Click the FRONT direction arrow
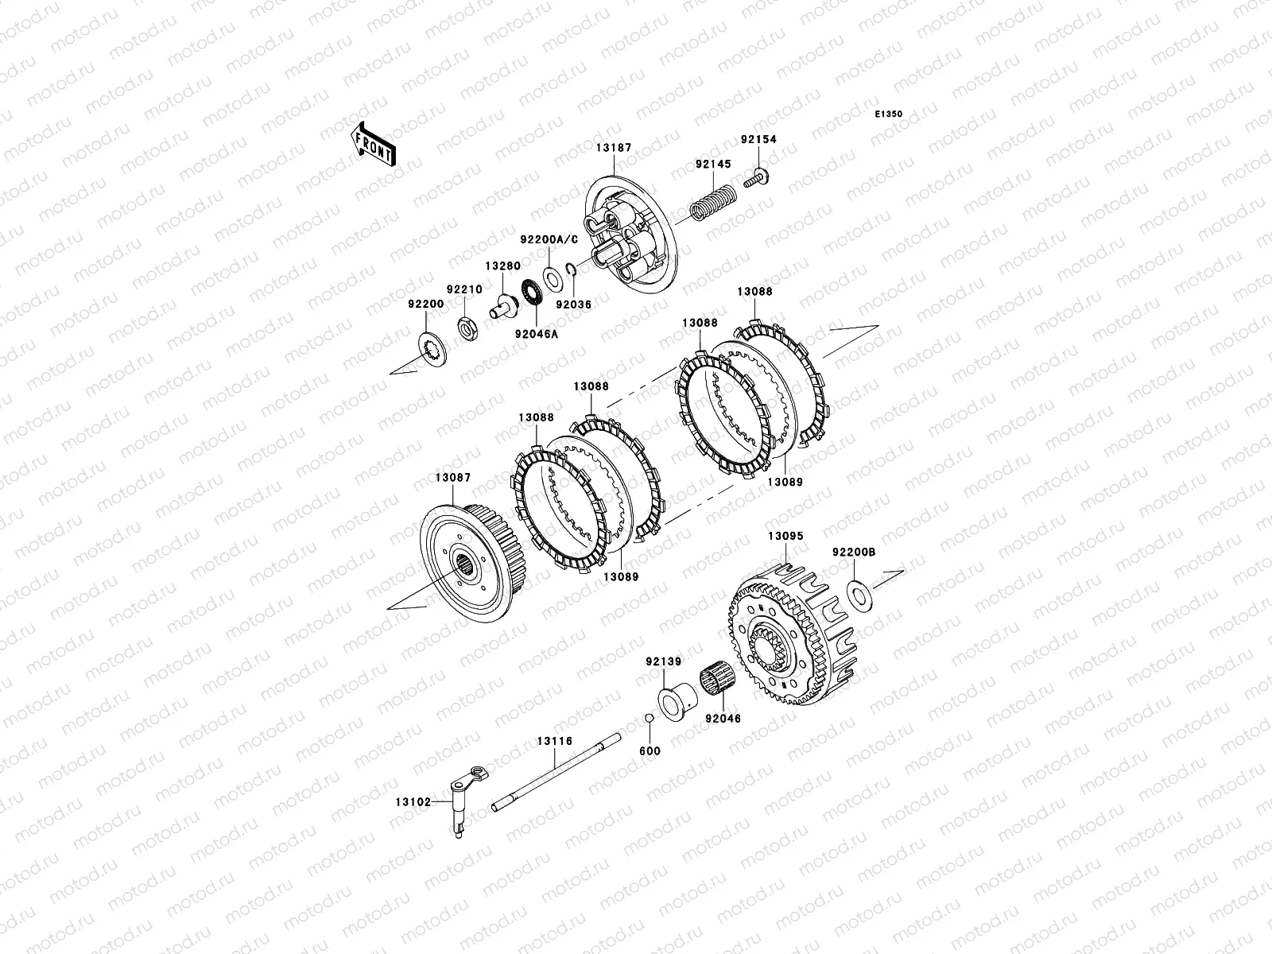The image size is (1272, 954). tap(373, 145)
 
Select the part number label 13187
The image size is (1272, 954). tap(614, 148)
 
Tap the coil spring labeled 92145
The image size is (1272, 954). tap(713, 203)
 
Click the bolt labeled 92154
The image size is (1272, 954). tap(756, 177)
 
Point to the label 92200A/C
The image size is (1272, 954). tap(549, 240)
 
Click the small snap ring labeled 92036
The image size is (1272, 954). tap(571, 267)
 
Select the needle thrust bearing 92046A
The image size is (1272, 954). tap(532, 293)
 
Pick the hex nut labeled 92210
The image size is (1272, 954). tap(467, 329)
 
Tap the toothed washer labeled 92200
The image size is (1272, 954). tap(432, 349)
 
